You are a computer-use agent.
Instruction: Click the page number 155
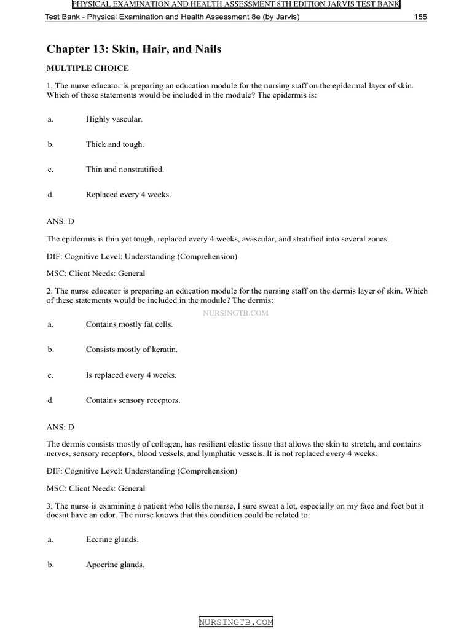point(420,17)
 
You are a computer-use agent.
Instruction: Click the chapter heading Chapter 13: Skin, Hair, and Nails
point(134,49)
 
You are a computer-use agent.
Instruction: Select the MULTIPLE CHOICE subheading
point(88,68)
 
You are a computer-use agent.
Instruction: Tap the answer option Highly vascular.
point(114,119)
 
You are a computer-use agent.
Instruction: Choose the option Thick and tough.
point(115,144)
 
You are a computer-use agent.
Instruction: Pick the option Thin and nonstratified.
point(125,170)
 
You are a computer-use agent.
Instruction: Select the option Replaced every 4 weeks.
point(128,195)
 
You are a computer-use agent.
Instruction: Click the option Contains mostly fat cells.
point(129,324)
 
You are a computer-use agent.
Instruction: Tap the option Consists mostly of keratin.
point(132,350)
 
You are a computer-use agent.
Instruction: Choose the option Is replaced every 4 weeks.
point(132,375)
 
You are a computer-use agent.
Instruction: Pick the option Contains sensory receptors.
point(133,400)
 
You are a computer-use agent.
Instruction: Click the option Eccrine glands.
point(112,539)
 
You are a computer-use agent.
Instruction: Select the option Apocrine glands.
point(115,565)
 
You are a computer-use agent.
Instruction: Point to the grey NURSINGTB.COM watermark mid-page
point(235,313)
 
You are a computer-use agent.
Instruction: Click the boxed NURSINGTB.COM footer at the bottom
point(236,622)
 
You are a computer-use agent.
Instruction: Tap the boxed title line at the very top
point(236,4)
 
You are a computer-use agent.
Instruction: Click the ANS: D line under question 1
point(60,220)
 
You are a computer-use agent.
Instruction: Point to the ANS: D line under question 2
point(60,425)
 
